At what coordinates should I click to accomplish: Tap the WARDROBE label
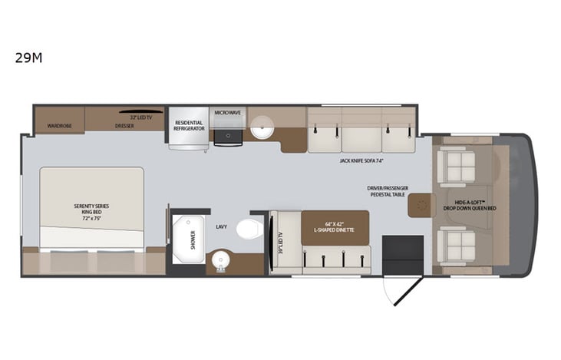59,125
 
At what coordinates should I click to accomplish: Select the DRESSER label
124,126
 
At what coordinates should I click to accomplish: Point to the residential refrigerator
188,126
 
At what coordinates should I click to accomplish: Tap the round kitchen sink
262,127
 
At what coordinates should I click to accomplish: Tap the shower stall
188,239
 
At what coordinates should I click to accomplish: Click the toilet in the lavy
248,229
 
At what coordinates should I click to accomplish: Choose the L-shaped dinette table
335,227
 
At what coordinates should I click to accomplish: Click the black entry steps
402,254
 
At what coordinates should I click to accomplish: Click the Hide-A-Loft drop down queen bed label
470,205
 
